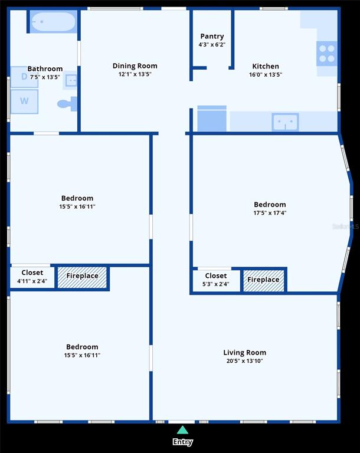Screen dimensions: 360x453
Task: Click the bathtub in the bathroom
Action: click(53, 21)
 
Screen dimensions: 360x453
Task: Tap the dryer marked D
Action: click(24, 77)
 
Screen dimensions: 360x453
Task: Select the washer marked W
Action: click(24, 101)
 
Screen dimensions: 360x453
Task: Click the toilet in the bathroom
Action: click(67, 104)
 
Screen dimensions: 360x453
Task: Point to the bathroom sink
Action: click(71, 80)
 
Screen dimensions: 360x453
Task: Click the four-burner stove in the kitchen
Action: click(327, 54)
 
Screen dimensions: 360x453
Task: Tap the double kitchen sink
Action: click(285, 122)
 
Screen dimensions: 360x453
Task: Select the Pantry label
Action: click(212, 36)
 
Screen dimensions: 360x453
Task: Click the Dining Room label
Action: click(135, 66)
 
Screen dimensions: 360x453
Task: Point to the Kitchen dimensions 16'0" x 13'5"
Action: click(266, 74)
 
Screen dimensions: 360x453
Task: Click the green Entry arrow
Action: click(182, 430)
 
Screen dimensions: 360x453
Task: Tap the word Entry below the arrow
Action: click(182, 442)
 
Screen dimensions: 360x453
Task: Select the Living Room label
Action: click(245, 353)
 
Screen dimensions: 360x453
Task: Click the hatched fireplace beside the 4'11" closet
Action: click(82, 278)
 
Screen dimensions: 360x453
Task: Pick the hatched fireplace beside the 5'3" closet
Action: click(263, 281)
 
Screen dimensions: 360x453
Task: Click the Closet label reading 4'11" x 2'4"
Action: click(32, 277)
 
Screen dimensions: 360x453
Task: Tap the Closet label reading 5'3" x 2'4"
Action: click(216, 280)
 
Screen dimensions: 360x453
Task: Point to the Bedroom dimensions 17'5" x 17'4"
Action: click(270, 213)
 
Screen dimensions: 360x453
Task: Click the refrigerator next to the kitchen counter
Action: click(212, 119)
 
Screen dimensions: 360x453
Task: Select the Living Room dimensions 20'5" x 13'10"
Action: click(245, 361)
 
